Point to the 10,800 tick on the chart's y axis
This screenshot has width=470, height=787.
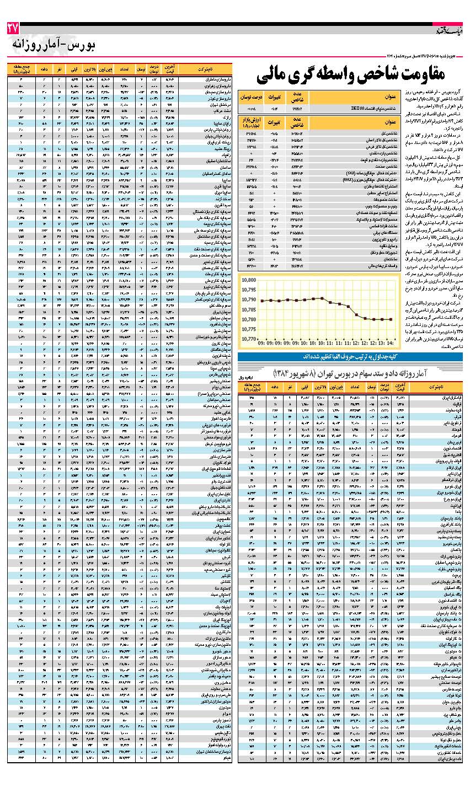250,280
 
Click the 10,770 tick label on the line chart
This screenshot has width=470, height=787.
250,339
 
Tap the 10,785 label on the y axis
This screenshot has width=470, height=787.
250,309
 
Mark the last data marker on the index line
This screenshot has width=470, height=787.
391,319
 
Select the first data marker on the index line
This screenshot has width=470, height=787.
263,301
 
